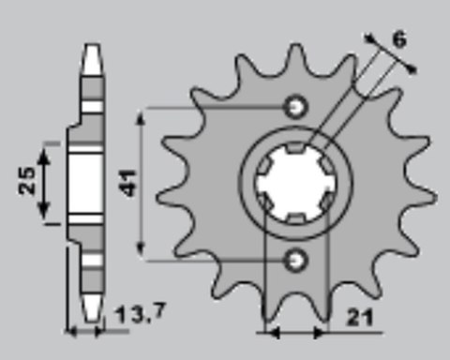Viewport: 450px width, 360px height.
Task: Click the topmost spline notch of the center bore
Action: [293, 148]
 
